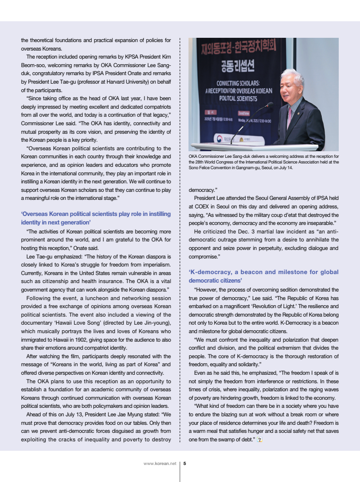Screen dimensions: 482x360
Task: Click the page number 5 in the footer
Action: (x=185, y=464)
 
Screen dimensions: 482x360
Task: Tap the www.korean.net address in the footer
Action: (x=160, y=464)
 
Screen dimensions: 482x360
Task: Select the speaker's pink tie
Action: (x=289, y=118)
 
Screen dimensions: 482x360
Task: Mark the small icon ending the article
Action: (x=259, y=439)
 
